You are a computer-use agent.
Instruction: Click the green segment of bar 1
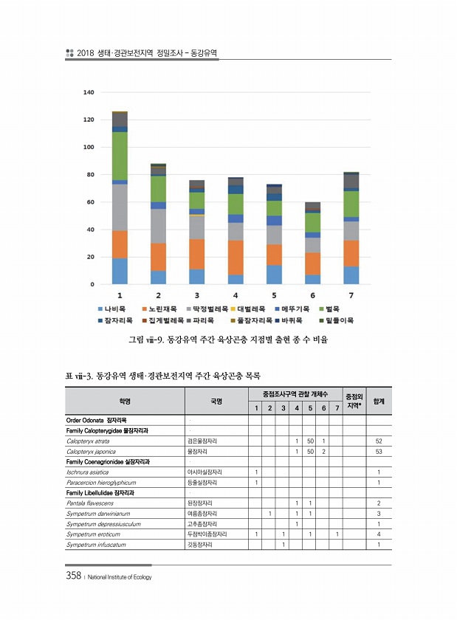tap(120, 156)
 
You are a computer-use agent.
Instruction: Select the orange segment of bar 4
tap(236, 257)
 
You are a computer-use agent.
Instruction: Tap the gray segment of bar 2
tap(158, 225)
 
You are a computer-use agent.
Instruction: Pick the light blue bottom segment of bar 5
tap(274, 275)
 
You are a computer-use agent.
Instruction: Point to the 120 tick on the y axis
tap(89, 120)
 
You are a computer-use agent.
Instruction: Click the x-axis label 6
tap(312, 295)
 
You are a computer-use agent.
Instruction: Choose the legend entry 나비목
tap(111, 309)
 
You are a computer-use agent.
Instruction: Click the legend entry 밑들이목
tap(336, 320)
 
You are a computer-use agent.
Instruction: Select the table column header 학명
tap(124, 402)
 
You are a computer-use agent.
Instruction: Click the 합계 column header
tap(378, 402)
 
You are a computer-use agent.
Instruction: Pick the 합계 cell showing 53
tap(378, 451)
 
